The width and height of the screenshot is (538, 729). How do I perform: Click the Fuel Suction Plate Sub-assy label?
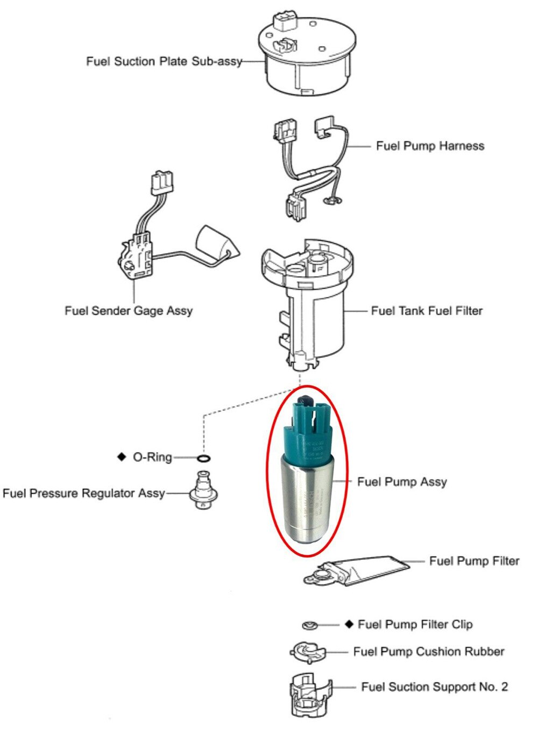(164, 62)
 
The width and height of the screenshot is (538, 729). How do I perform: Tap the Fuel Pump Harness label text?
(430, 146)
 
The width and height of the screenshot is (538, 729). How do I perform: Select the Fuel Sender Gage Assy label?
(129, 311)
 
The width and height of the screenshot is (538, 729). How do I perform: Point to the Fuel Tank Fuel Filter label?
(427, 311)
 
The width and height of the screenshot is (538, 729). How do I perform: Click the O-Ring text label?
(152, 458)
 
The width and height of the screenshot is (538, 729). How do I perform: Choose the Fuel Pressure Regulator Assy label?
(83, 494)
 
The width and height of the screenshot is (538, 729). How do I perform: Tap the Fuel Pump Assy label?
(402, 482)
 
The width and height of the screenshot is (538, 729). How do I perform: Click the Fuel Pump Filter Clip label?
(415, 625)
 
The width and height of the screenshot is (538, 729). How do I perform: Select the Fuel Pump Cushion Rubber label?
(429, 652)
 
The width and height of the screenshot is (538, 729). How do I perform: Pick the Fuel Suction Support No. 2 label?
(434, 687)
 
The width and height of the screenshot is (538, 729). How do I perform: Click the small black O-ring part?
(203, 459)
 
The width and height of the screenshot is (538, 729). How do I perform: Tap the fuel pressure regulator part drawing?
(203, 490)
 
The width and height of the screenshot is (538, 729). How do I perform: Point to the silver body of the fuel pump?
(308, 503)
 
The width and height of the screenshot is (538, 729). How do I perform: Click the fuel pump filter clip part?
(310, 625)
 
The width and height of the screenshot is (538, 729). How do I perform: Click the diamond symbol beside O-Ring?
(121, 457)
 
